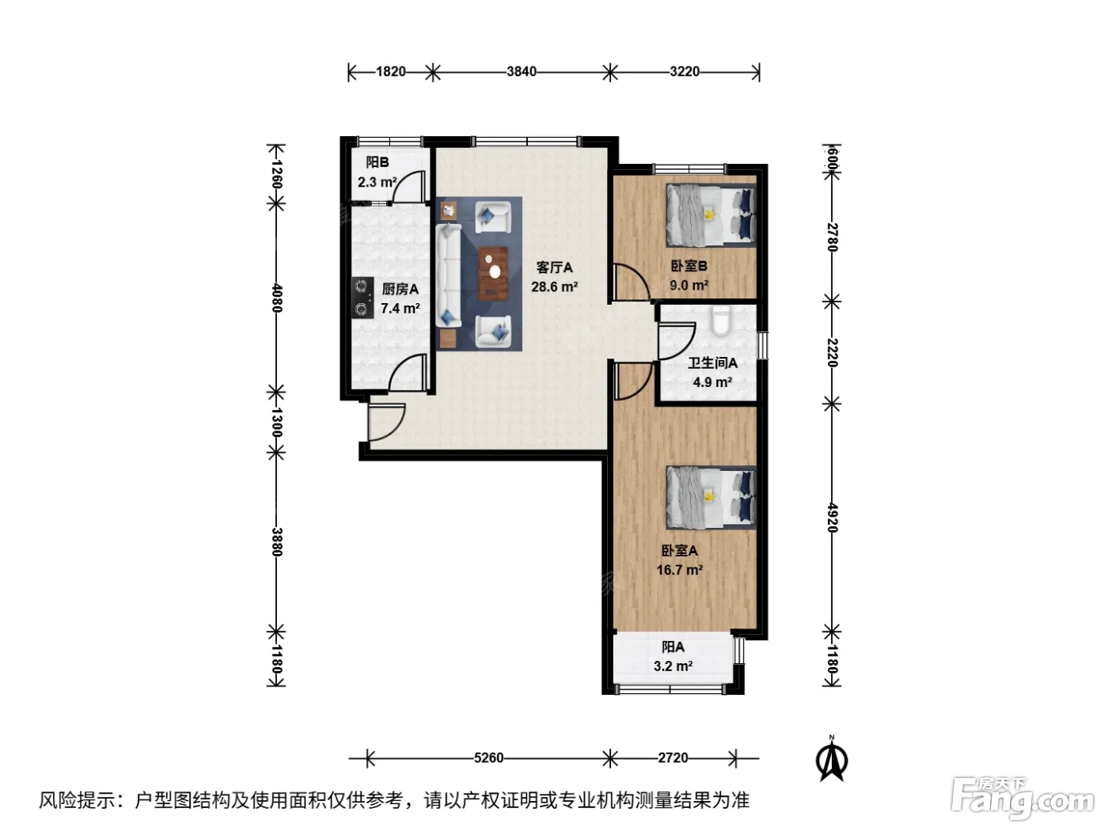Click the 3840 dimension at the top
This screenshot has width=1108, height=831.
[x=522, y=72]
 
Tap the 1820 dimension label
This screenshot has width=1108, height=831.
[x=391, y=72]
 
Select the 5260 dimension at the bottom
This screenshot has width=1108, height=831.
[x=488, y=758]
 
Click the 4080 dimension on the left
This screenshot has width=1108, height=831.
[x=277, y=298]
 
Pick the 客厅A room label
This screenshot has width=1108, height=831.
[x=554, y=267]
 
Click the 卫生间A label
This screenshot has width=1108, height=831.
[x=712, y=362]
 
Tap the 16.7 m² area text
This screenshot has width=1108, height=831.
[x=679, y=570]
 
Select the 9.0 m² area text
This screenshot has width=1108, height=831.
[x=689, y=285]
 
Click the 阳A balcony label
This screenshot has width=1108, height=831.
[x=673, y=647]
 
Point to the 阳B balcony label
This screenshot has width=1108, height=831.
[x=377, y=162]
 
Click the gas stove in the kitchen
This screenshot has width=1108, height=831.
[x=362, y=298]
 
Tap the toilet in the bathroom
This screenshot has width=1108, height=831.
[x=720, y=321]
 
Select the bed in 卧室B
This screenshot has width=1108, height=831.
[x=711, y=215]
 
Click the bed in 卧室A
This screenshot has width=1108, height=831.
[x=711, y=498]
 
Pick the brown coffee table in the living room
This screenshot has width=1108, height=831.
[x=493, y=274]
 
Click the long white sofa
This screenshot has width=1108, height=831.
[x=448, y=275]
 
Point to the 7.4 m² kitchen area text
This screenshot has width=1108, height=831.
[x=400, y=308]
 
